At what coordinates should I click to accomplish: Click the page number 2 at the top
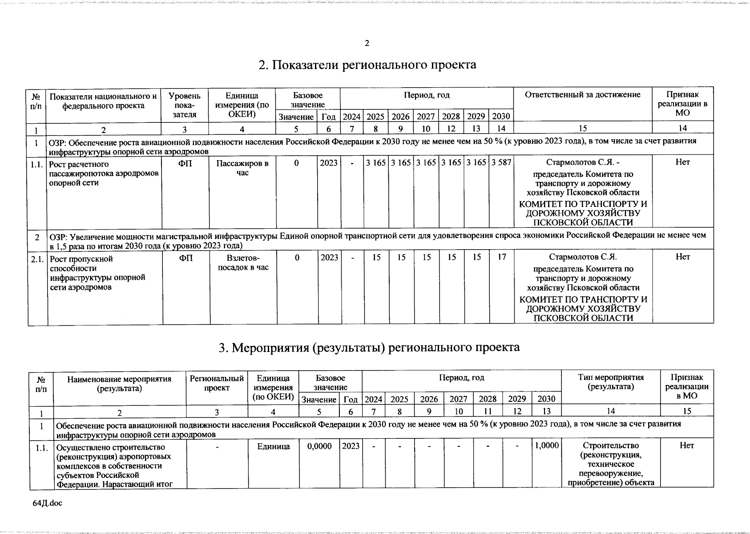(x=367, y=43)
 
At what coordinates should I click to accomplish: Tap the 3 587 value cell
(x=501, y=163)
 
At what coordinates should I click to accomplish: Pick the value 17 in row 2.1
(x=502, y=257)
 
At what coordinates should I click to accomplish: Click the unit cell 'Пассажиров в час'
(x=242, y=168)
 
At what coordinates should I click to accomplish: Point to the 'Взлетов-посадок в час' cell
(x=243, y=263)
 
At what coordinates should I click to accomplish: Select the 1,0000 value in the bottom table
(x=547, y=445)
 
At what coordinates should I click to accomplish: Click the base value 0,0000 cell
(x=319, y=446)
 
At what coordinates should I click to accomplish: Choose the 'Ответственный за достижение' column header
(x=582, y=94)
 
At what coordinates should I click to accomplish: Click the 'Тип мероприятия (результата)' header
(x=611, y=382)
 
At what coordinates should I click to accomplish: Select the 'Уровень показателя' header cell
(x=185, y=105)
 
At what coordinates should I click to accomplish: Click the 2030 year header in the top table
(x=501, y=117)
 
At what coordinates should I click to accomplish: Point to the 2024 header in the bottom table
(x=373, y=399)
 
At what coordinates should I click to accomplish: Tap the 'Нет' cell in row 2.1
(x=682, y=257)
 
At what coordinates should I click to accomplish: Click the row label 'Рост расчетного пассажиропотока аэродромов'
(x=103, y=174)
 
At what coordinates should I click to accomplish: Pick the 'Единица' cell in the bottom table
(x=273, y=446)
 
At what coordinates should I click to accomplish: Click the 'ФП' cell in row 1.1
(x=185, y=163)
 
